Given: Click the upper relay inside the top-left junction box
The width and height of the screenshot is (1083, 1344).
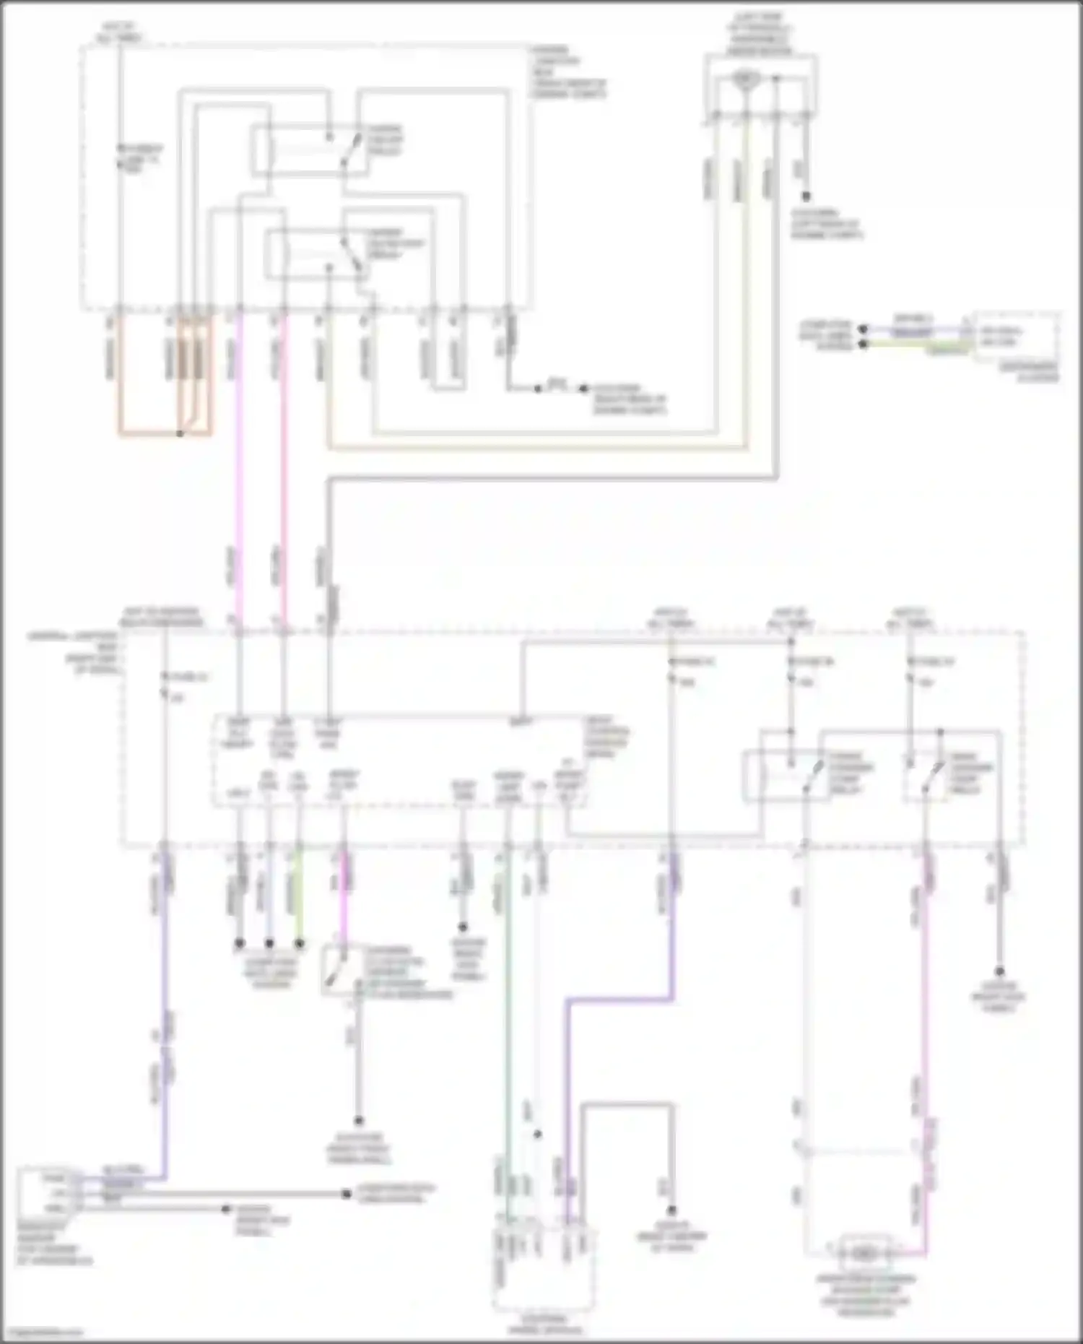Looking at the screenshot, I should point(308,150).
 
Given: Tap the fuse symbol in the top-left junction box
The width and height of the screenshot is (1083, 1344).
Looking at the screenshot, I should point(121,156).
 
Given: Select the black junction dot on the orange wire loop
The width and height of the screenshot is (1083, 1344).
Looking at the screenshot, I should point(180,433).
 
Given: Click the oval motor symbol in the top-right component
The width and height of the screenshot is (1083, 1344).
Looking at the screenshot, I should point(743,77).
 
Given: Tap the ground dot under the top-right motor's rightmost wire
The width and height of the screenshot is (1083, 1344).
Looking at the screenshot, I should point(806,196).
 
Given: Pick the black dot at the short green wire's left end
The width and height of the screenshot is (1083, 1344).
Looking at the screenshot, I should point(863,344).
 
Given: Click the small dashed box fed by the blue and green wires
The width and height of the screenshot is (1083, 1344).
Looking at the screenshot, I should point(1017,337).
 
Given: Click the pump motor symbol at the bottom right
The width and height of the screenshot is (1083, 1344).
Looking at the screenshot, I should point(864,1252).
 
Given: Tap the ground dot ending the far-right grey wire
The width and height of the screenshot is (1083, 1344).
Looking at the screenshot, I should point(1000,972).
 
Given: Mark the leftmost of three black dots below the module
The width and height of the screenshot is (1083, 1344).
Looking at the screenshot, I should point(239,943).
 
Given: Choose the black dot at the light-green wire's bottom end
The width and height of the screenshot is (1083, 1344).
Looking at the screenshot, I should point(300,943).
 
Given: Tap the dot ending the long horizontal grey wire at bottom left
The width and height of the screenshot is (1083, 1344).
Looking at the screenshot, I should point(347,1194).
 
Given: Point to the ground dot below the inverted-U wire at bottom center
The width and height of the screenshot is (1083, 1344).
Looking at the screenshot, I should point(671,1210).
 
